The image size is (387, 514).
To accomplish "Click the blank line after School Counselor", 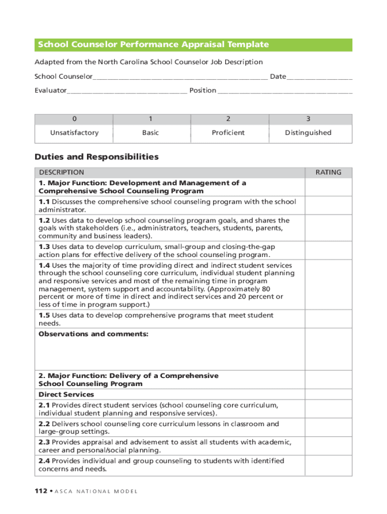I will pyautogui.click(x=180, y=78).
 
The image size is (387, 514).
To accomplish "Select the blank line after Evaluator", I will pyautogui.click(x=127, y=92).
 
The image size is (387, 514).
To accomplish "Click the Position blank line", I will pyautogui.click(x=285, y=92).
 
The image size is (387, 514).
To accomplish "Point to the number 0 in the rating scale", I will pyautogui.click(x=74, y=119).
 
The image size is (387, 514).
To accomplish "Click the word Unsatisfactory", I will pyautogui.click(x=74, y=133).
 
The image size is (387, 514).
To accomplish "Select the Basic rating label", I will pyautogui.click(x=150, y=133).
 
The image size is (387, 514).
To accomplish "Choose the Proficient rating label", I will pyautogui.click(x=228, y=133).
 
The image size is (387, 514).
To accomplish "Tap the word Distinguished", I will pyautogui.click(x=308, y=133).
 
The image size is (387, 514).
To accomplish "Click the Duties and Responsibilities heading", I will pyautogui.click(x=96, y=157).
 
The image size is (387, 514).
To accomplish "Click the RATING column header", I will pyautogui.click(x=328, y=172).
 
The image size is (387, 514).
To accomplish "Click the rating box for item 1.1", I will pyautogui.click(x=328, y=205).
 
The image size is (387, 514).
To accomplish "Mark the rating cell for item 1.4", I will pyautogui.click(x=328, y=285).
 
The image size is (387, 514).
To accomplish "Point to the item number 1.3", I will pyautogui.click(x=44, y=247).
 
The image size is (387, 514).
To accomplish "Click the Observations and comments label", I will pyautogui.click(x=93, y=334).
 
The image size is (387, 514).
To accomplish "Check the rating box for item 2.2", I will pyautogui.click(x=328, y=428).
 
